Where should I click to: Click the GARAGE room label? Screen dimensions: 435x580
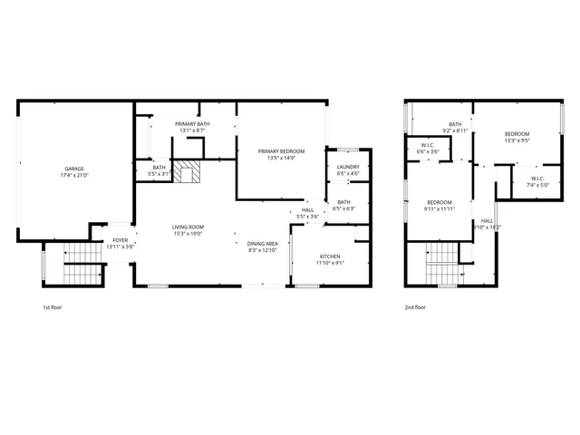(x=73, y=168)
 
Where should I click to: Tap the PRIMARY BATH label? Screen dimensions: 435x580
(x=192, y=123)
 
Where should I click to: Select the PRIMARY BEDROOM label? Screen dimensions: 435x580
(x=281, y=150)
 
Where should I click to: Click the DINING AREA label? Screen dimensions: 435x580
(x=262, y=243)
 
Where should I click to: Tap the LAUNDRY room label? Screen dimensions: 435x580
(x=348, y=167)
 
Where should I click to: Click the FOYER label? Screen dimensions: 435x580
(x=121, y=240)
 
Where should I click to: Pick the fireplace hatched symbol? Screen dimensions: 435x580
(x=188, y=172)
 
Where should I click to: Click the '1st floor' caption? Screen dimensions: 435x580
(x=52, y=307)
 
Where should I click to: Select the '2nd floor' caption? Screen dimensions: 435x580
(x=415, y=307)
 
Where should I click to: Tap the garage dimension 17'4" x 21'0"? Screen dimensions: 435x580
(x=73, y=175)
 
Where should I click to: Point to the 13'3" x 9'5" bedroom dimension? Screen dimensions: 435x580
(x=517, y=140)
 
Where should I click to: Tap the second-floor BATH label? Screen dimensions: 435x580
(x=455, y=124)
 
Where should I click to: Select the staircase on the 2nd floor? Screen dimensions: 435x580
(x=441, y=263)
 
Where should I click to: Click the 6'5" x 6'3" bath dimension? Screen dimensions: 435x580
(x=344, y=208)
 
